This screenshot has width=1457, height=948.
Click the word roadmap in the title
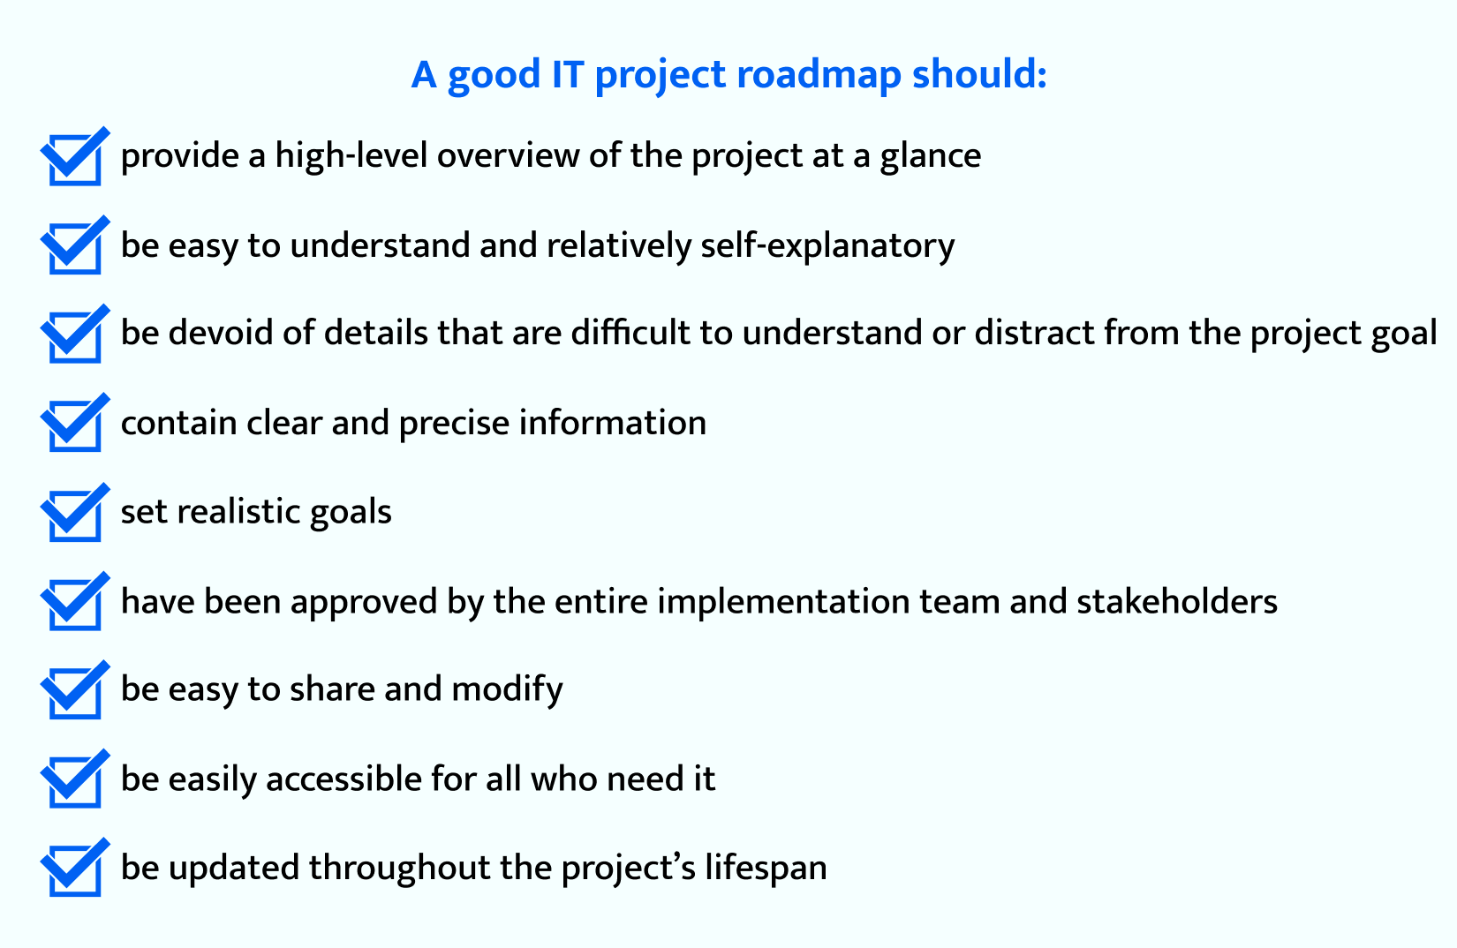(x=819, y=74)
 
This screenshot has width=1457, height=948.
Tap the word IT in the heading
(x=568, y=74)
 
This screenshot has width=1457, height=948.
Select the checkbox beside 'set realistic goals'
(x=75, y=512)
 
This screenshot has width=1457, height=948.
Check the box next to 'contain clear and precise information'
(x=75, y=422)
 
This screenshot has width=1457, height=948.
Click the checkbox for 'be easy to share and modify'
(x=75, y=689)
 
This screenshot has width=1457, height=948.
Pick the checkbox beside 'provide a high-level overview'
(x=75, y=156)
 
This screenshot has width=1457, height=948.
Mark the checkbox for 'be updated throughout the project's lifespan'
(x=75, y=867)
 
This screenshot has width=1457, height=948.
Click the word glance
(x=931, y=158)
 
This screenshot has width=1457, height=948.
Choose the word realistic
(x=238, y=512)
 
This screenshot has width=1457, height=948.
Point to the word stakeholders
(x=1177, y=601)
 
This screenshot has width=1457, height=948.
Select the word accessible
(x=343, y=779)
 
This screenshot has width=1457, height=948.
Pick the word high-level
(x=351, y=158)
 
